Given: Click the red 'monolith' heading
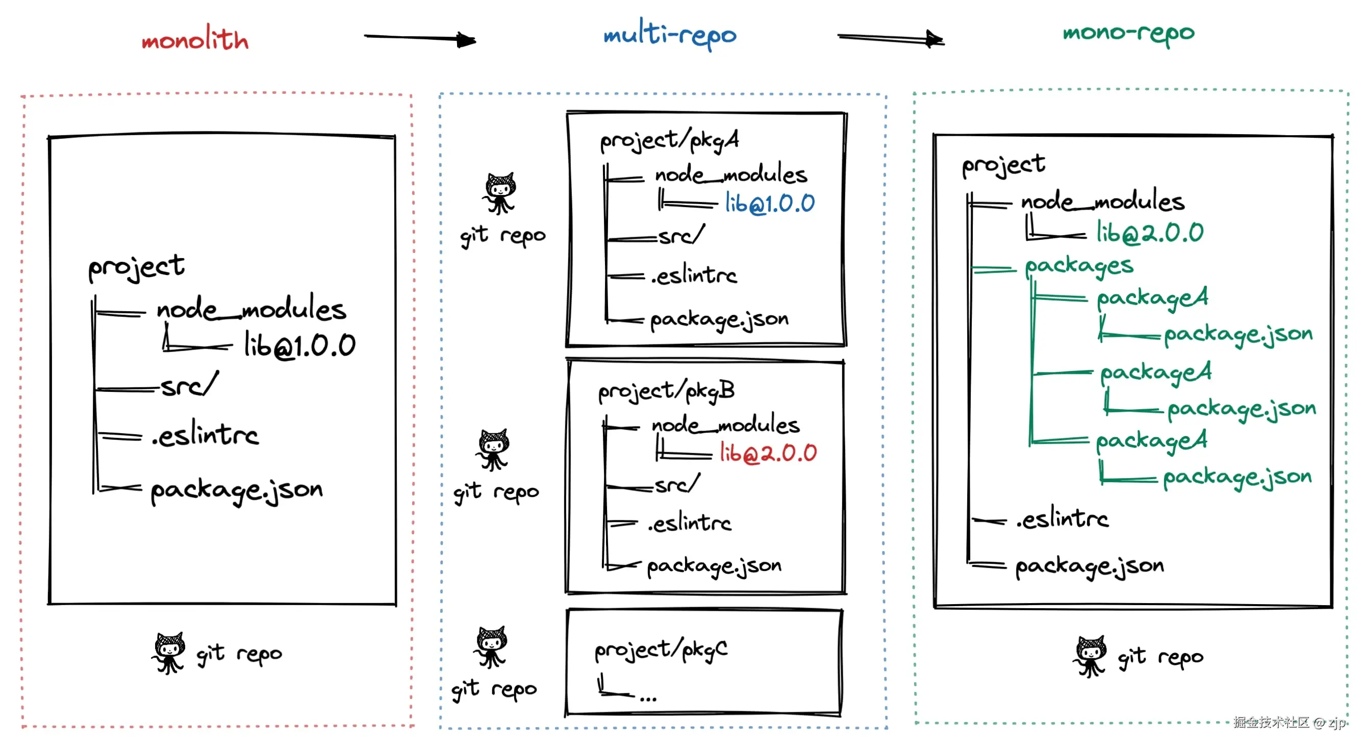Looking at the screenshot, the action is click(x=195, y=38).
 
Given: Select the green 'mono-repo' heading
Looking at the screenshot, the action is click(x=1129, y=33).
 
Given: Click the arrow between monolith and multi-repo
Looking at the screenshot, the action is click(x=420, y=38).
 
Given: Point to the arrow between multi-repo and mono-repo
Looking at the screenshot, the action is click(x=891, y=38).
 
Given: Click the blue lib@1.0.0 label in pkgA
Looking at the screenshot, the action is click(x=770, y=204).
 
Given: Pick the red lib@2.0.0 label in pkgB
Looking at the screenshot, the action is click(x=768, y=453).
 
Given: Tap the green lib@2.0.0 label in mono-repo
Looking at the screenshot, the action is click(x=1150, y=233).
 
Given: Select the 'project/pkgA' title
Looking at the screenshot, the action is click(x=669, y=141).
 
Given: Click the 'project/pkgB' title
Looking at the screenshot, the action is click(x=667, y=391).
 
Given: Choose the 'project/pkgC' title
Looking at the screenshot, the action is click(x=661, y=651).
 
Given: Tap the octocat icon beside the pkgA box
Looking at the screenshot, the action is click(x=499, y=193).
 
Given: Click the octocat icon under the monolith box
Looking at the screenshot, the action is click(x=169, y=653).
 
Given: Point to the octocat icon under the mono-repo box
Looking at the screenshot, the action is click(x=1090, y=656).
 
